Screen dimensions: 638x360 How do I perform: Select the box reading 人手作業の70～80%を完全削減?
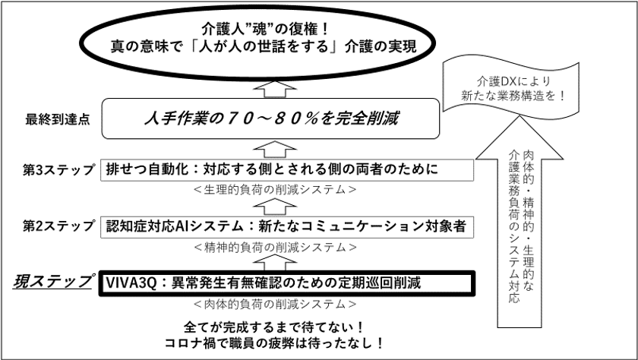[x=270, y=118]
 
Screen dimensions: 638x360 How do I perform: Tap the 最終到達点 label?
[x=58, y=119]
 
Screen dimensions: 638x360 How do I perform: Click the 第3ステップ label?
[x=59, y=170]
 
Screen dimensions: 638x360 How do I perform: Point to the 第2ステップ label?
[x=59, y=226]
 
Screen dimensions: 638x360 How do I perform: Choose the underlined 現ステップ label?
[x=52, y=282]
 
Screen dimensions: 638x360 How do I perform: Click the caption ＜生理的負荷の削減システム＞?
[x=276, y=190]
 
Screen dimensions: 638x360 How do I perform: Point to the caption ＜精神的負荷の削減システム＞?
[x=276, y=248]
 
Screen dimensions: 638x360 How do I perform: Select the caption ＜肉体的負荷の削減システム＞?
[x=276, y=304]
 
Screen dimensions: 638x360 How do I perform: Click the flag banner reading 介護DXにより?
[x=510, y=87]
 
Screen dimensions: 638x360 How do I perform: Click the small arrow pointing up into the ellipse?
[x=276, y=89]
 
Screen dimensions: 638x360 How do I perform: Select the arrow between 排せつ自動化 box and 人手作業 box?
[x=276, y=150]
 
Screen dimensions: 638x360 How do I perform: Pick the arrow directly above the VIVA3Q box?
[x=276, y=262]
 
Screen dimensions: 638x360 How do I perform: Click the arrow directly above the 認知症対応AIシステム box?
[x=276, y=207]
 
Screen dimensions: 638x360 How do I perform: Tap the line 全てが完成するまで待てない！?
[x=273, y=327]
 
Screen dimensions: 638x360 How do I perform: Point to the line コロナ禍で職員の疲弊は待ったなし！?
[x=273, y=344]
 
